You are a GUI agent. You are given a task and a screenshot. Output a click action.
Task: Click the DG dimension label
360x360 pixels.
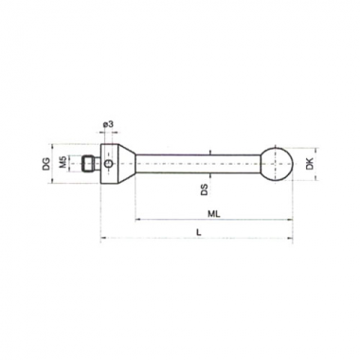(46, 164)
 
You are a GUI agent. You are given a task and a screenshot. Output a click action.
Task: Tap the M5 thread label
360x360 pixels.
(63, 161)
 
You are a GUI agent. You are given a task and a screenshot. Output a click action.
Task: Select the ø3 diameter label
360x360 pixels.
(108, 124)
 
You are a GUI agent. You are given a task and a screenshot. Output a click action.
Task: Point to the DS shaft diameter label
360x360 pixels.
(205, 189)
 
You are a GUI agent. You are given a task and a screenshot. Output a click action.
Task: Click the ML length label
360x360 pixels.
(214, 214)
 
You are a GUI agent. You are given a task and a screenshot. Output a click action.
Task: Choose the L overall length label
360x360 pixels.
(198, 233)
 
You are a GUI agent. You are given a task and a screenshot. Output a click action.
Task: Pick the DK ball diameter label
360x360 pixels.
(310, 163)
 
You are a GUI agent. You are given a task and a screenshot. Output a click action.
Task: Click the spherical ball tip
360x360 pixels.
(277, 164)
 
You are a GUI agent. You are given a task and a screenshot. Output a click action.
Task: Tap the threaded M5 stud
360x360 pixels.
(90, 164)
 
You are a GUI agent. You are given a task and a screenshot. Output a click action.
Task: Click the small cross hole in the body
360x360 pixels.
(108, 164)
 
